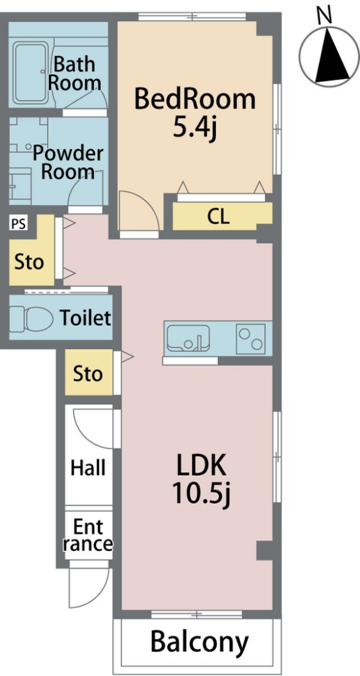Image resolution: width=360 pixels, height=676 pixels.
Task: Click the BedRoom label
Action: click(195, 99)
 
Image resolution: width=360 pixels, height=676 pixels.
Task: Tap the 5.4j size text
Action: click(194, 127)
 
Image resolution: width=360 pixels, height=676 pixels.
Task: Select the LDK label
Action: click(201, 467)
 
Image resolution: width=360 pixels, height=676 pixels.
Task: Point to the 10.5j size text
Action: click(201, 493)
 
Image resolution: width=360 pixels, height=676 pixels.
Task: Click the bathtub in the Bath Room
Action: click(30, 73)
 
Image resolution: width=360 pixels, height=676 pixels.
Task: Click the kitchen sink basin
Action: click(188, 338)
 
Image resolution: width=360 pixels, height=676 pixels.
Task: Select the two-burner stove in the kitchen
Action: click(250, 339)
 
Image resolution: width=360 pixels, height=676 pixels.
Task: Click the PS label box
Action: click(18, 224)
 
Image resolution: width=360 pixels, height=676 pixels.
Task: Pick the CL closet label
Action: click(218, 217)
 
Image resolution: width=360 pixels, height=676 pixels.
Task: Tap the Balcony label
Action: click(199, 642)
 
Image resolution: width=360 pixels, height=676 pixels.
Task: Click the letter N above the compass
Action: click(324, 16)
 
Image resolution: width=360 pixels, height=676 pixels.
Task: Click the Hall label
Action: click(89, 467)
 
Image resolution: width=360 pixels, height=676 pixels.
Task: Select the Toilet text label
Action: click(85, 318)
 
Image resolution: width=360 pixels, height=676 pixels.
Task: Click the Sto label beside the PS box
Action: click(29, 261)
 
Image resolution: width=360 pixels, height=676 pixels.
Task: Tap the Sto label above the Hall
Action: click(88, 374)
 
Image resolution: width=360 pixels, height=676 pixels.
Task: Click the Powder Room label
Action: click(68, 162)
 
